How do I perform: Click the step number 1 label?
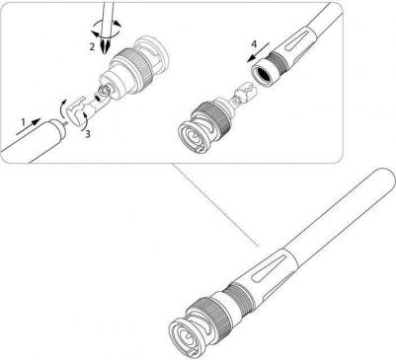(24, 122)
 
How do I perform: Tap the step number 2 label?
(92, 46)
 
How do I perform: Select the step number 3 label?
(87, 134)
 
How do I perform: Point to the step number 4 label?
(254, 44)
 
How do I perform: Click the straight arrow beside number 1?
(28, 126)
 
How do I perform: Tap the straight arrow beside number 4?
(259, 51)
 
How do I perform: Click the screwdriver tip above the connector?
(106, 46)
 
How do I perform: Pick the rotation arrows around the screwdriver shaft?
(106, 28)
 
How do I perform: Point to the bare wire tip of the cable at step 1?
(66, 123)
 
